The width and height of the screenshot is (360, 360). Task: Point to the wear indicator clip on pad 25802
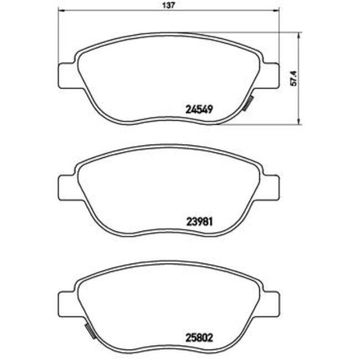[89, 331]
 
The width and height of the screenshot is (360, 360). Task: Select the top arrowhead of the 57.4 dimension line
[299, 34]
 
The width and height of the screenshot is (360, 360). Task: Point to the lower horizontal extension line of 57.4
[260, 125]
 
